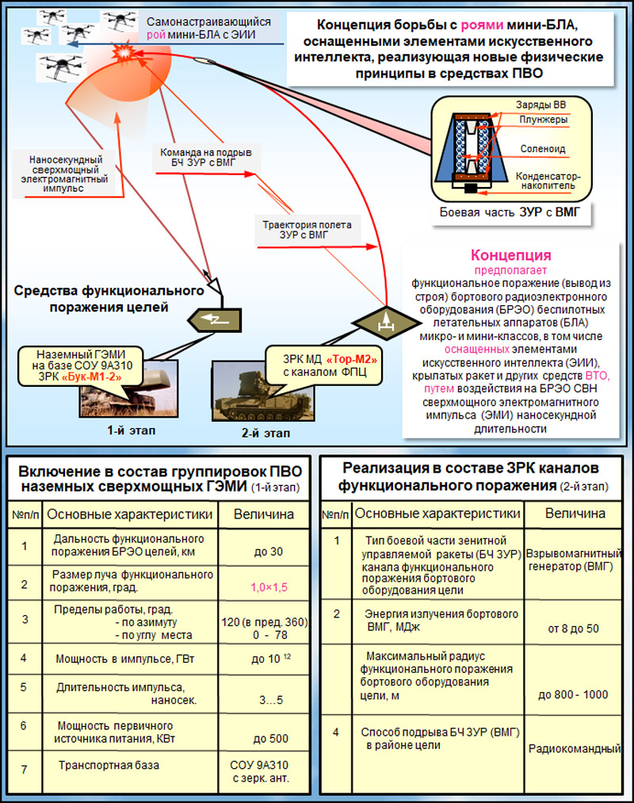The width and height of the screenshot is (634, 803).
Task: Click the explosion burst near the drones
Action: pyautogui.click(x=123, y=52)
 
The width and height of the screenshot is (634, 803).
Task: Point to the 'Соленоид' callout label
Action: pyautogui.click(x=543, y=149)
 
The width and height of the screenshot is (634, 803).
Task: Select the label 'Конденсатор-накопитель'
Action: pyautogui.click(x=548, y=181)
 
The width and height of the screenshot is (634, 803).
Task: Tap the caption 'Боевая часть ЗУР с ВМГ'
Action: pyautogui.click(x=510, y=212)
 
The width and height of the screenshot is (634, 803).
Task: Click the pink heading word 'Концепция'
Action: pyautogui.click(x=510, y=255)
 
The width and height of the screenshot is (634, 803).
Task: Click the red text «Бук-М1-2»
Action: pyautogui.click(x=92, y=377)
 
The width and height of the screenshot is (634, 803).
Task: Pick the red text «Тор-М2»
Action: pyautogui.click(x=351, y=360)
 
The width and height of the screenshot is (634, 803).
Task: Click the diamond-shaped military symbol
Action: pyautogui.click(x=386, y=323)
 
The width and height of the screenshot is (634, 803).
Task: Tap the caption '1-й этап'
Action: pyautogui.click(x=131, y=430)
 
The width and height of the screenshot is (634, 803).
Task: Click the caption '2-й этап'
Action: pyautogui.click(x=265, y=434)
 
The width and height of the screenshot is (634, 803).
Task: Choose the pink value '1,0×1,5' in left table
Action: pyautogui.click(x=269, y=587)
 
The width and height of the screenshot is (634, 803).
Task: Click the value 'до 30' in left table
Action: pyautogui.click(x=269, y=552)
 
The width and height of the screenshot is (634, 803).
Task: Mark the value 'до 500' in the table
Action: pyautogui.click(x=271, y=739)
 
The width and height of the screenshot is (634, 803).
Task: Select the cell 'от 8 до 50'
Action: pyautogui.click(x=573, y=629)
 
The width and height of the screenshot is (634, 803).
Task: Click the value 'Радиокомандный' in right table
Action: pyautogui.click(x=575, y=749)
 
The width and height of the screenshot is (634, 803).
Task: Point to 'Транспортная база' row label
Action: pyautogui.click(x=109, y=765)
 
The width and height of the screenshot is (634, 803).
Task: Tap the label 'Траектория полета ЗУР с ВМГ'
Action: pyautogui.click(x=307, y=230)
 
